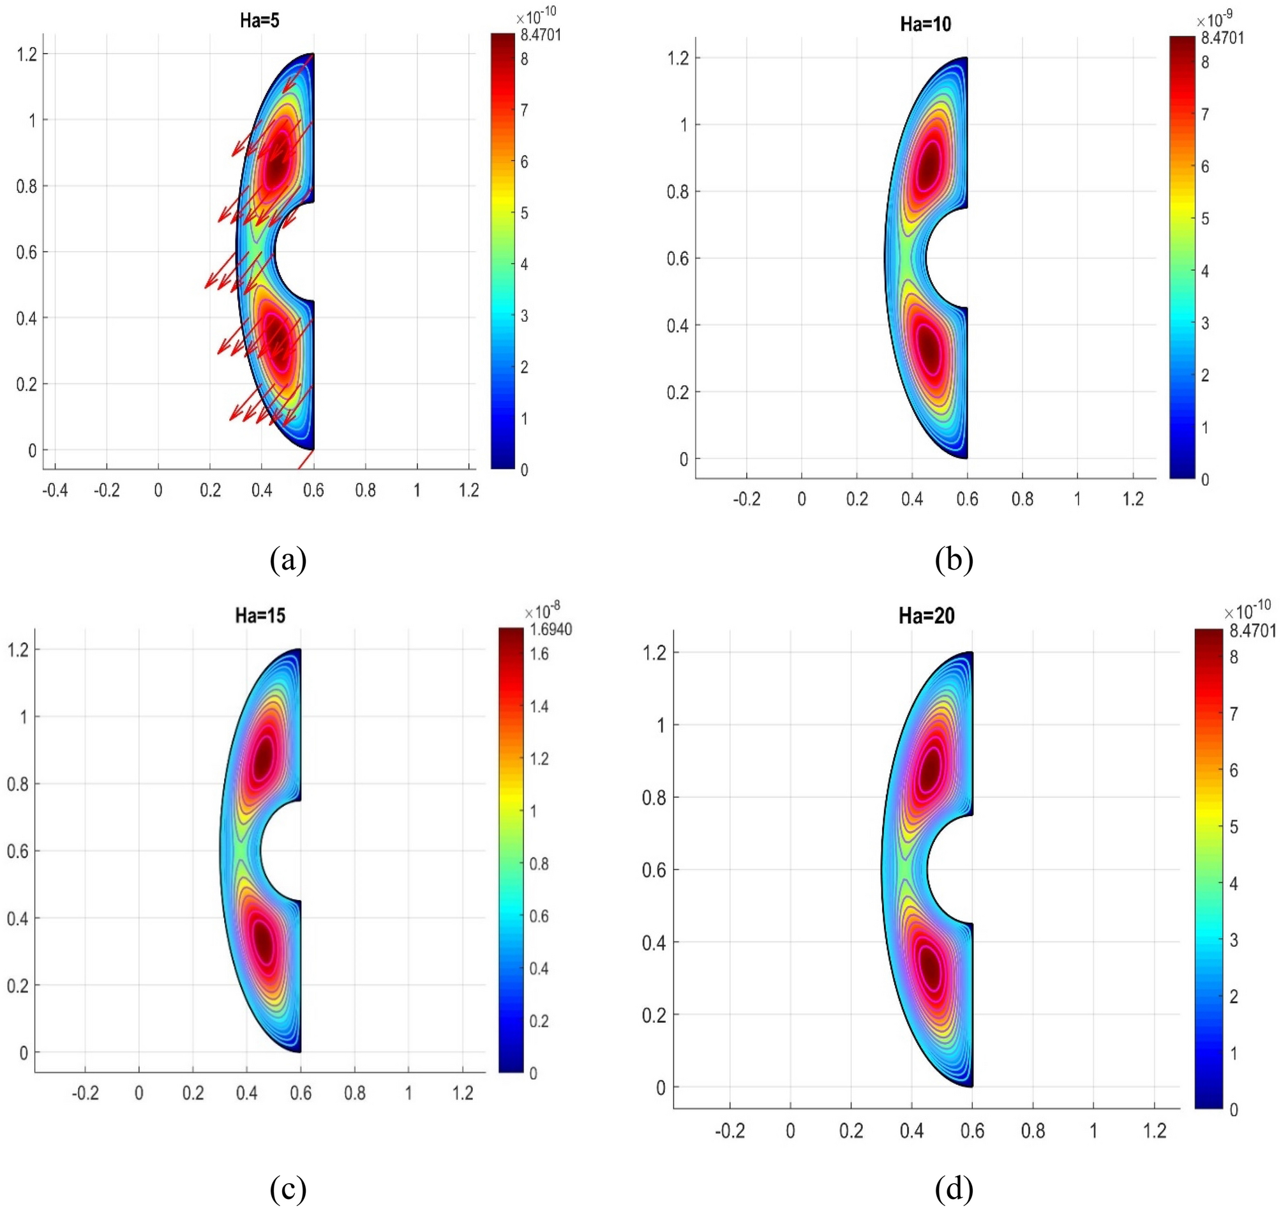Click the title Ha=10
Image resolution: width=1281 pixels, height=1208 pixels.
pos(925,24)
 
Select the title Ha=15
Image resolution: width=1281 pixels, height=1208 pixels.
pos(260,615)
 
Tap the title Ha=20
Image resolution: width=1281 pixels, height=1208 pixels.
pos(927,616)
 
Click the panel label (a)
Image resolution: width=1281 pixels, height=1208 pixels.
pos(288,559)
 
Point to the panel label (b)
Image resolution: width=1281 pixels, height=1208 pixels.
pos(954,559)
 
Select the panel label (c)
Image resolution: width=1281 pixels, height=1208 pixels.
pos(288,1189)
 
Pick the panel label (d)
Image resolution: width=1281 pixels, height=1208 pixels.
pos(954,1189)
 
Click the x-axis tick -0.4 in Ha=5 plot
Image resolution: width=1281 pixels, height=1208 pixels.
pos(55,490)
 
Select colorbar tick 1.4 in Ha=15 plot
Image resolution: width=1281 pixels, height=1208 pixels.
pos(539,707)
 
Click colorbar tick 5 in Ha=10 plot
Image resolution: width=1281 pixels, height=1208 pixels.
pos(1205,218)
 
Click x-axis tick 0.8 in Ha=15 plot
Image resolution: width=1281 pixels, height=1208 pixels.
pos(354,1093)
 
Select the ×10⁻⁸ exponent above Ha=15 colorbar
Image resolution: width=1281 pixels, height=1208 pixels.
pos(542,609)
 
